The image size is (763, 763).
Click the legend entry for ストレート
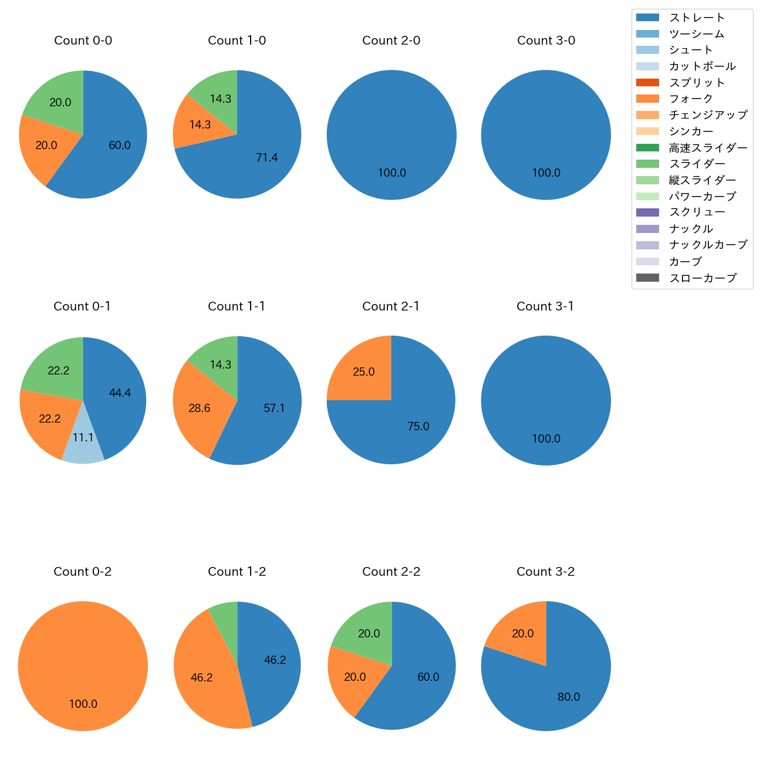tap(697, 18)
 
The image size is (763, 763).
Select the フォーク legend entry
tap(691, 99)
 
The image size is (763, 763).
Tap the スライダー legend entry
tap(697, 164)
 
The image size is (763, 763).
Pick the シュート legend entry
tap(691, 50)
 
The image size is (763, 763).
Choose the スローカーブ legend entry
tap(703, 278)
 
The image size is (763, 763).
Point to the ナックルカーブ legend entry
tap(708, 245)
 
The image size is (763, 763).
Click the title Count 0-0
tap(83, 40)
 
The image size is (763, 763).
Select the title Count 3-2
tap(546, 572)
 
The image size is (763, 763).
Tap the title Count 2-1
tap(391, 306)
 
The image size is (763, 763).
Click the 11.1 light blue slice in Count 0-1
tap(83, 443)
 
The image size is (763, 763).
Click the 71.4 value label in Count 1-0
tap(267, 157)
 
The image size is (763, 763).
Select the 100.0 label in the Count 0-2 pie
tap(83, 704)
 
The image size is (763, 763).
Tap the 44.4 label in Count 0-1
tap(120, 393)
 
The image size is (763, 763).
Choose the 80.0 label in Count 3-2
tap(569, 697)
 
